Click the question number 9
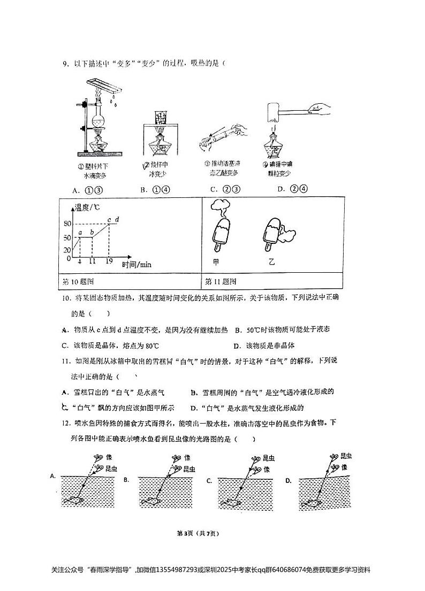[65, 64]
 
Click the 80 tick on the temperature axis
[67, 224]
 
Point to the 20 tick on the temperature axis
[67, 250]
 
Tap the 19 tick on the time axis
[109, 262]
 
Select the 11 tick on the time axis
[92, 262]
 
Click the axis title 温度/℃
[88, 207]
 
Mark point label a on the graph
[80, 232]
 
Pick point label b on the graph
[92, 232]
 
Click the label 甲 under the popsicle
[216, 262]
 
